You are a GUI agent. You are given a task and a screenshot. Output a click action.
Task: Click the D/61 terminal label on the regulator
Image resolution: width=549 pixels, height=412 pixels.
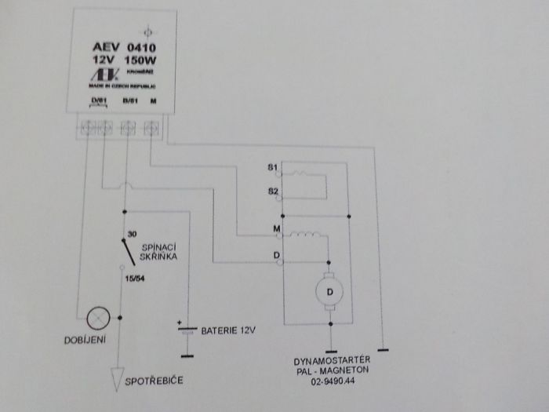pos(97,100)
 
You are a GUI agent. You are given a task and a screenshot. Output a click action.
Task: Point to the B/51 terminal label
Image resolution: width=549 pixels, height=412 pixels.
pos(130,100)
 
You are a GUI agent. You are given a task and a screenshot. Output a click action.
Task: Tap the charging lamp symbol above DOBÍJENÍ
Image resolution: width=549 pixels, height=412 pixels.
pos(98,317)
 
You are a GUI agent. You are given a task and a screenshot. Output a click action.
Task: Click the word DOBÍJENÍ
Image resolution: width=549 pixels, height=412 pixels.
pos(86,339)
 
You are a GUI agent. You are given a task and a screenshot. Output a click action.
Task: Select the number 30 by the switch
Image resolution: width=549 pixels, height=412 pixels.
pos(132,234)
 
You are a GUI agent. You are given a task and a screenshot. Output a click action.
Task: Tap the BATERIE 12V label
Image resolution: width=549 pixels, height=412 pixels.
pos(229,330)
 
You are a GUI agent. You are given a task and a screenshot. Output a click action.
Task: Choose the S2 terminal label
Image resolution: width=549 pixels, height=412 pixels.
pos(271,191)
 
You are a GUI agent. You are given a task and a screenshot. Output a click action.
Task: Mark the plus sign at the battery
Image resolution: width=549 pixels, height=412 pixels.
pos(180,322)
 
